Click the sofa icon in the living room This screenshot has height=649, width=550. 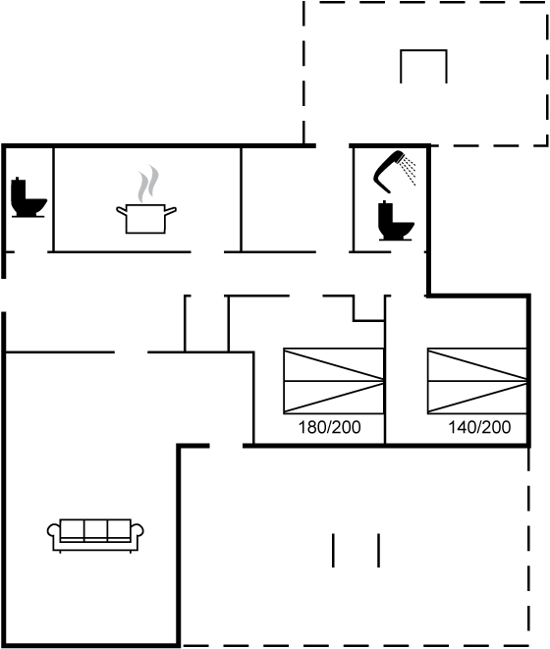95,533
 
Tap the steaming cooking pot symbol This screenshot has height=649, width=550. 146,217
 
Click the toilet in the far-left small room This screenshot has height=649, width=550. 27,198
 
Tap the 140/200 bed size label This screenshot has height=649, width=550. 479,428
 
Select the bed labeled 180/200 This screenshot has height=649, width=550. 333,381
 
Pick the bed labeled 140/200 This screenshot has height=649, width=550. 474,381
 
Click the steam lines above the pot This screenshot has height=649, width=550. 147,184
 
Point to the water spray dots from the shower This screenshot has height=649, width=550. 410,171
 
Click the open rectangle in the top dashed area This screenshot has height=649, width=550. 423,66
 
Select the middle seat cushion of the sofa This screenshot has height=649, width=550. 95,530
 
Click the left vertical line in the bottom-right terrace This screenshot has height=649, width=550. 334,550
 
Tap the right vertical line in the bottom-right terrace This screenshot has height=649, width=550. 378,550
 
